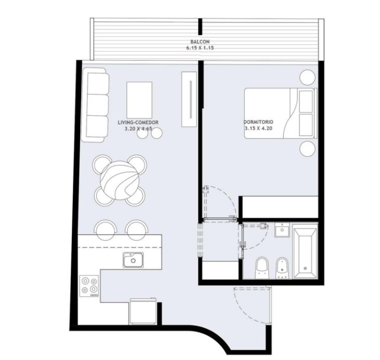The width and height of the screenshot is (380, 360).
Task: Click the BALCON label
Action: click(200, 42)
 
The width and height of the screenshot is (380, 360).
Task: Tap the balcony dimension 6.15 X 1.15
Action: click(200, 48)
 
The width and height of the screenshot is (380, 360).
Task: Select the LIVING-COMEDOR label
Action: click(138, 122)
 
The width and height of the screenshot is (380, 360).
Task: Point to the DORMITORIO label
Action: click(258, 122)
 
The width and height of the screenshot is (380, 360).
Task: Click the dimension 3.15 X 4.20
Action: click(258, 128)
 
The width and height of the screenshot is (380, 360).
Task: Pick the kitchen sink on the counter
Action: click(133, 260)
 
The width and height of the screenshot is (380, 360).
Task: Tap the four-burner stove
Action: click(89, 286)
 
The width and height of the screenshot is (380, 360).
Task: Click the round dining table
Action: click(120, 180)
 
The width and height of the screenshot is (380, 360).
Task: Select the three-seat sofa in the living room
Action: click(95, 105)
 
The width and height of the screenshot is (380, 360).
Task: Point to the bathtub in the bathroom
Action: click(305, 251)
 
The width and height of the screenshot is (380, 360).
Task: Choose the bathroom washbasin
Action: click(282, 230)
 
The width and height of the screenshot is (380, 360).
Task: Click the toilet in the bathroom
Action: click(262, 268)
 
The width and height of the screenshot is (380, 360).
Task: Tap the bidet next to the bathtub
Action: click(282, 268)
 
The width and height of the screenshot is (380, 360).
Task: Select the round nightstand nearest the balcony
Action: click(308, 78)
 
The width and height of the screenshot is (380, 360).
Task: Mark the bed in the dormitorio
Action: click(281, 113)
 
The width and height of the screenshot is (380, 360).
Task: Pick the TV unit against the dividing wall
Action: click(189, 99)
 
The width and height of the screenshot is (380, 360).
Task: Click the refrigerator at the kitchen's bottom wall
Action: click(143, 311)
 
